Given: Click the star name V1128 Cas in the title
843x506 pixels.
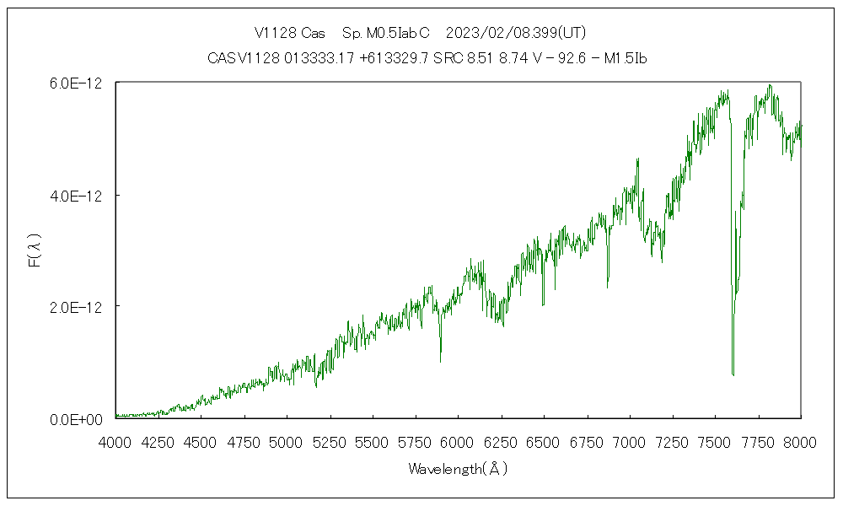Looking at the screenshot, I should pyautogui.click(x=289, y=33).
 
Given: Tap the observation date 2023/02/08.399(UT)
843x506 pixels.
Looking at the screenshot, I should pyautogui.click(x=514, y=33).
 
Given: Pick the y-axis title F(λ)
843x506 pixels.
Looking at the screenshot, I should pyautogui.click(x=35, y=250).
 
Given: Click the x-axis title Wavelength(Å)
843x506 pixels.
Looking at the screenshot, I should pyautogui.click(x=458, y=469).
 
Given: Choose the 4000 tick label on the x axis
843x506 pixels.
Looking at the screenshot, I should pyautogui.click(x=115, y=440).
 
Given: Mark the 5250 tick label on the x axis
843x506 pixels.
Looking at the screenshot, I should pyautogui.click(x=330, y=440).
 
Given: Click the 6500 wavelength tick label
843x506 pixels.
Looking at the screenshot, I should pyautogui.click(x=544, y=440).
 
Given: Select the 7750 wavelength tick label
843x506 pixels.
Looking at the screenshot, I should pyautogui.click(x=758, y=440).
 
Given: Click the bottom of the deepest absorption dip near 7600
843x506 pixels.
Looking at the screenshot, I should pyautogui.click(x=733, y=374).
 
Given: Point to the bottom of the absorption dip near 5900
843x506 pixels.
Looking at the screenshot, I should pyautogui.click(x=440, y=361).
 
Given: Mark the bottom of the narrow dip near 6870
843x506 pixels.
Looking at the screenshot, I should pyautogui.click(x=608, y=287).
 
